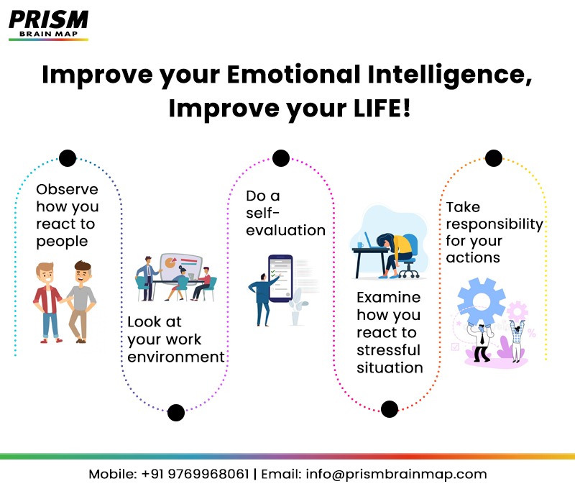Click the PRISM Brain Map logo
(x=48, y=24)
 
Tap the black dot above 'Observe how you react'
(x=68, y=157)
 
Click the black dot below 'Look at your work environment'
(x=176, y=412)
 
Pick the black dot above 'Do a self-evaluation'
(x=281, y=157)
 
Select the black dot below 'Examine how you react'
(x=389, y=409)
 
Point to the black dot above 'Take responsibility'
(x=493, y=158)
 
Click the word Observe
(x=67, y=190)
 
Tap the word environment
(x=176, y=357)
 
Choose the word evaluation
(x=285, y=230)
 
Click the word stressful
(x=388, y=350)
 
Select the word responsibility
(x=494, y=224)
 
